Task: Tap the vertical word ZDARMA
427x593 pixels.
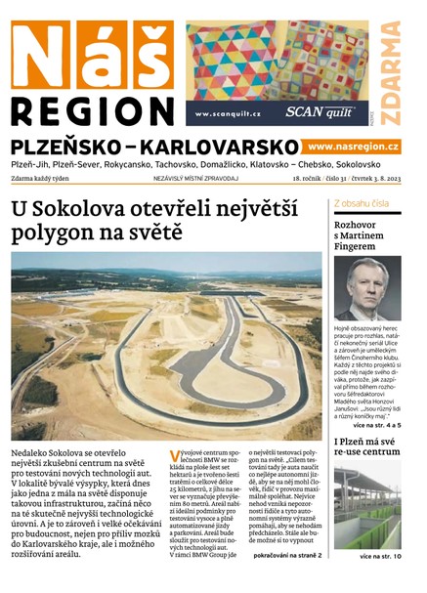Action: click(391, 74)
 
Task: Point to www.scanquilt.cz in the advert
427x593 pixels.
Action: click(228, 113)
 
